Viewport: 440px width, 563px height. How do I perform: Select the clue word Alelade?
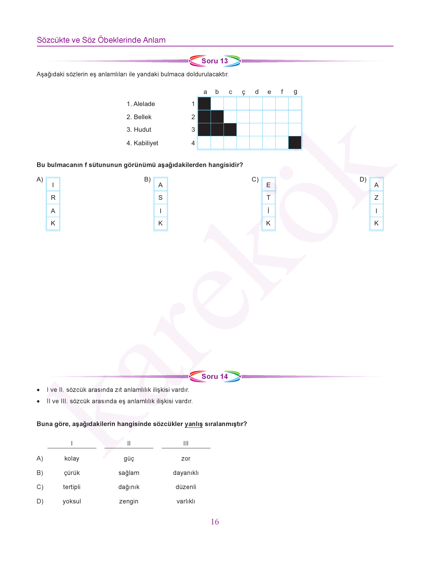pos(144,104)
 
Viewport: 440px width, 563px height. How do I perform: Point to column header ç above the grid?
pos(243,92)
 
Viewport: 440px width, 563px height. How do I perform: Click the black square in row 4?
pos(295,143)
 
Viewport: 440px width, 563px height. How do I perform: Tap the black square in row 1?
pos(204,104)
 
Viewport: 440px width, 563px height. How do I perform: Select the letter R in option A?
pos(53,198)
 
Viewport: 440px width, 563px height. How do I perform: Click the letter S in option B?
pos(160,198)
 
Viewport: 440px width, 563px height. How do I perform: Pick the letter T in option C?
pos(268,198)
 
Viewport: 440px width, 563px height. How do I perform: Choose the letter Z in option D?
pos(376,198)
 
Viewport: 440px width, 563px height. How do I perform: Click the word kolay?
pos(72,459)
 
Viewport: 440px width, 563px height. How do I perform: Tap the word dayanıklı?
pos(186,473)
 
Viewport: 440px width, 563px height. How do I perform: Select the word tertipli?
pos(72,487)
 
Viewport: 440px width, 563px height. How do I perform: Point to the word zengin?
pos(129,501)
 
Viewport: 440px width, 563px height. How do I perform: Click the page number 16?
pos(215,522)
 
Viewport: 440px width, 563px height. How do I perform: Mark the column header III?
pos(186,443)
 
